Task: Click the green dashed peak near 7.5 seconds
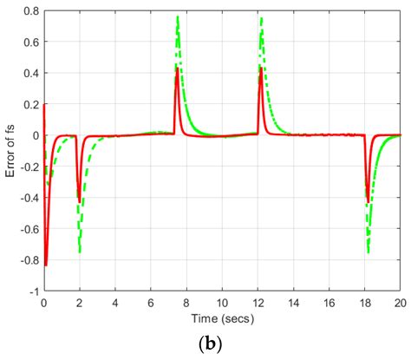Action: coord(178,17)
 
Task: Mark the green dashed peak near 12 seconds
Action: coord(262,18)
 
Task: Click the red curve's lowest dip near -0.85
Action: coord(46,265)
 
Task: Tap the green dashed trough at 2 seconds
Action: coord(80,252)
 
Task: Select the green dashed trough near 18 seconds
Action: coord(369,252)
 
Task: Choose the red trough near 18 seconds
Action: coord(368,201)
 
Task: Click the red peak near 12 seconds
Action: coord(260,68)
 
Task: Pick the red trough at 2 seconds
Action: coord(79,201)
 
